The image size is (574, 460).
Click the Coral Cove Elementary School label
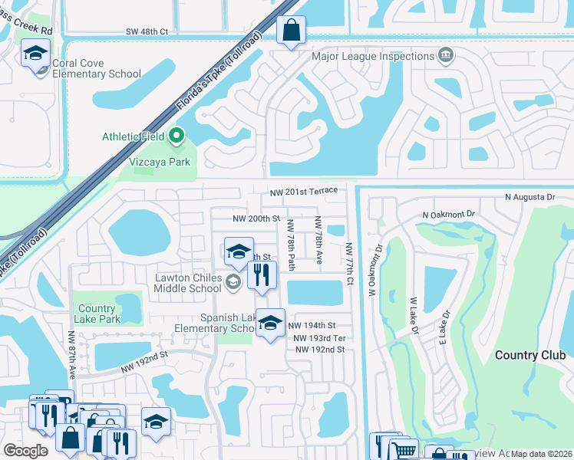(x=97, y=68)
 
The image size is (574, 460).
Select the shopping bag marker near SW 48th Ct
(x=291, y=31)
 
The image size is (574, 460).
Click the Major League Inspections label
(x=373, y=56)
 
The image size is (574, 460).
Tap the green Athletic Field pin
(x=176, y=136)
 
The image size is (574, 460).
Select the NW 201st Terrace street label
(x=303, y=192)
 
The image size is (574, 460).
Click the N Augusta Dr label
(x=529, y=197)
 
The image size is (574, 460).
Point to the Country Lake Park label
(x=97, y=314)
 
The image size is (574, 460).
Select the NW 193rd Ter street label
(x=320, y=338)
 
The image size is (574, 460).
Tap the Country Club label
(x=530, y=355)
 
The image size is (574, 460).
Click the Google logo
(x=25, y=451)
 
